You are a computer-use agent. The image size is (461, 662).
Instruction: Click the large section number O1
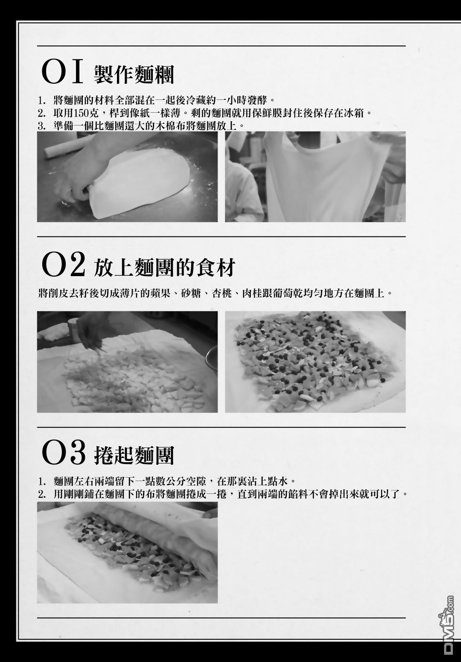tap(62, 72)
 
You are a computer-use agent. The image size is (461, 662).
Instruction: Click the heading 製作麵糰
tap(134, 74)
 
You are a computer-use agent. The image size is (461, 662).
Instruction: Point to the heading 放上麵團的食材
tap(164, 267)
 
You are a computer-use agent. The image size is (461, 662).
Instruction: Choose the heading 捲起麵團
tap(134, 455)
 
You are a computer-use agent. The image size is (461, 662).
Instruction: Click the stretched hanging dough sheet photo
tap(315, 177)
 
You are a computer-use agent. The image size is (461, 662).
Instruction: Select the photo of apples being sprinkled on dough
tap(127, 362)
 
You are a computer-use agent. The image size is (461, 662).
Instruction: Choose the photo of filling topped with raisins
tap(315, 362)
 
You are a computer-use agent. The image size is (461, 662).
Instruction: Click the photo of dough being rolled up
tap(127, 552)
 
